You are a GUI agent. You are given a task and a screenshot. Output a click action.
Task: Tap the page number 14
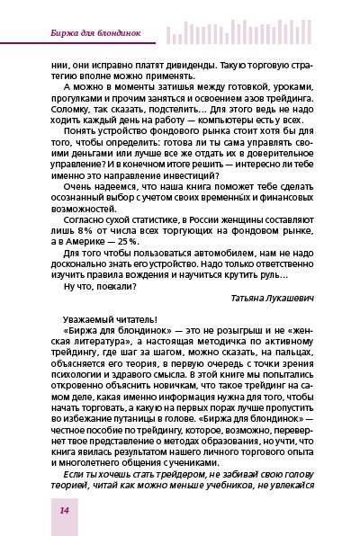[x=40, y=510]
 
